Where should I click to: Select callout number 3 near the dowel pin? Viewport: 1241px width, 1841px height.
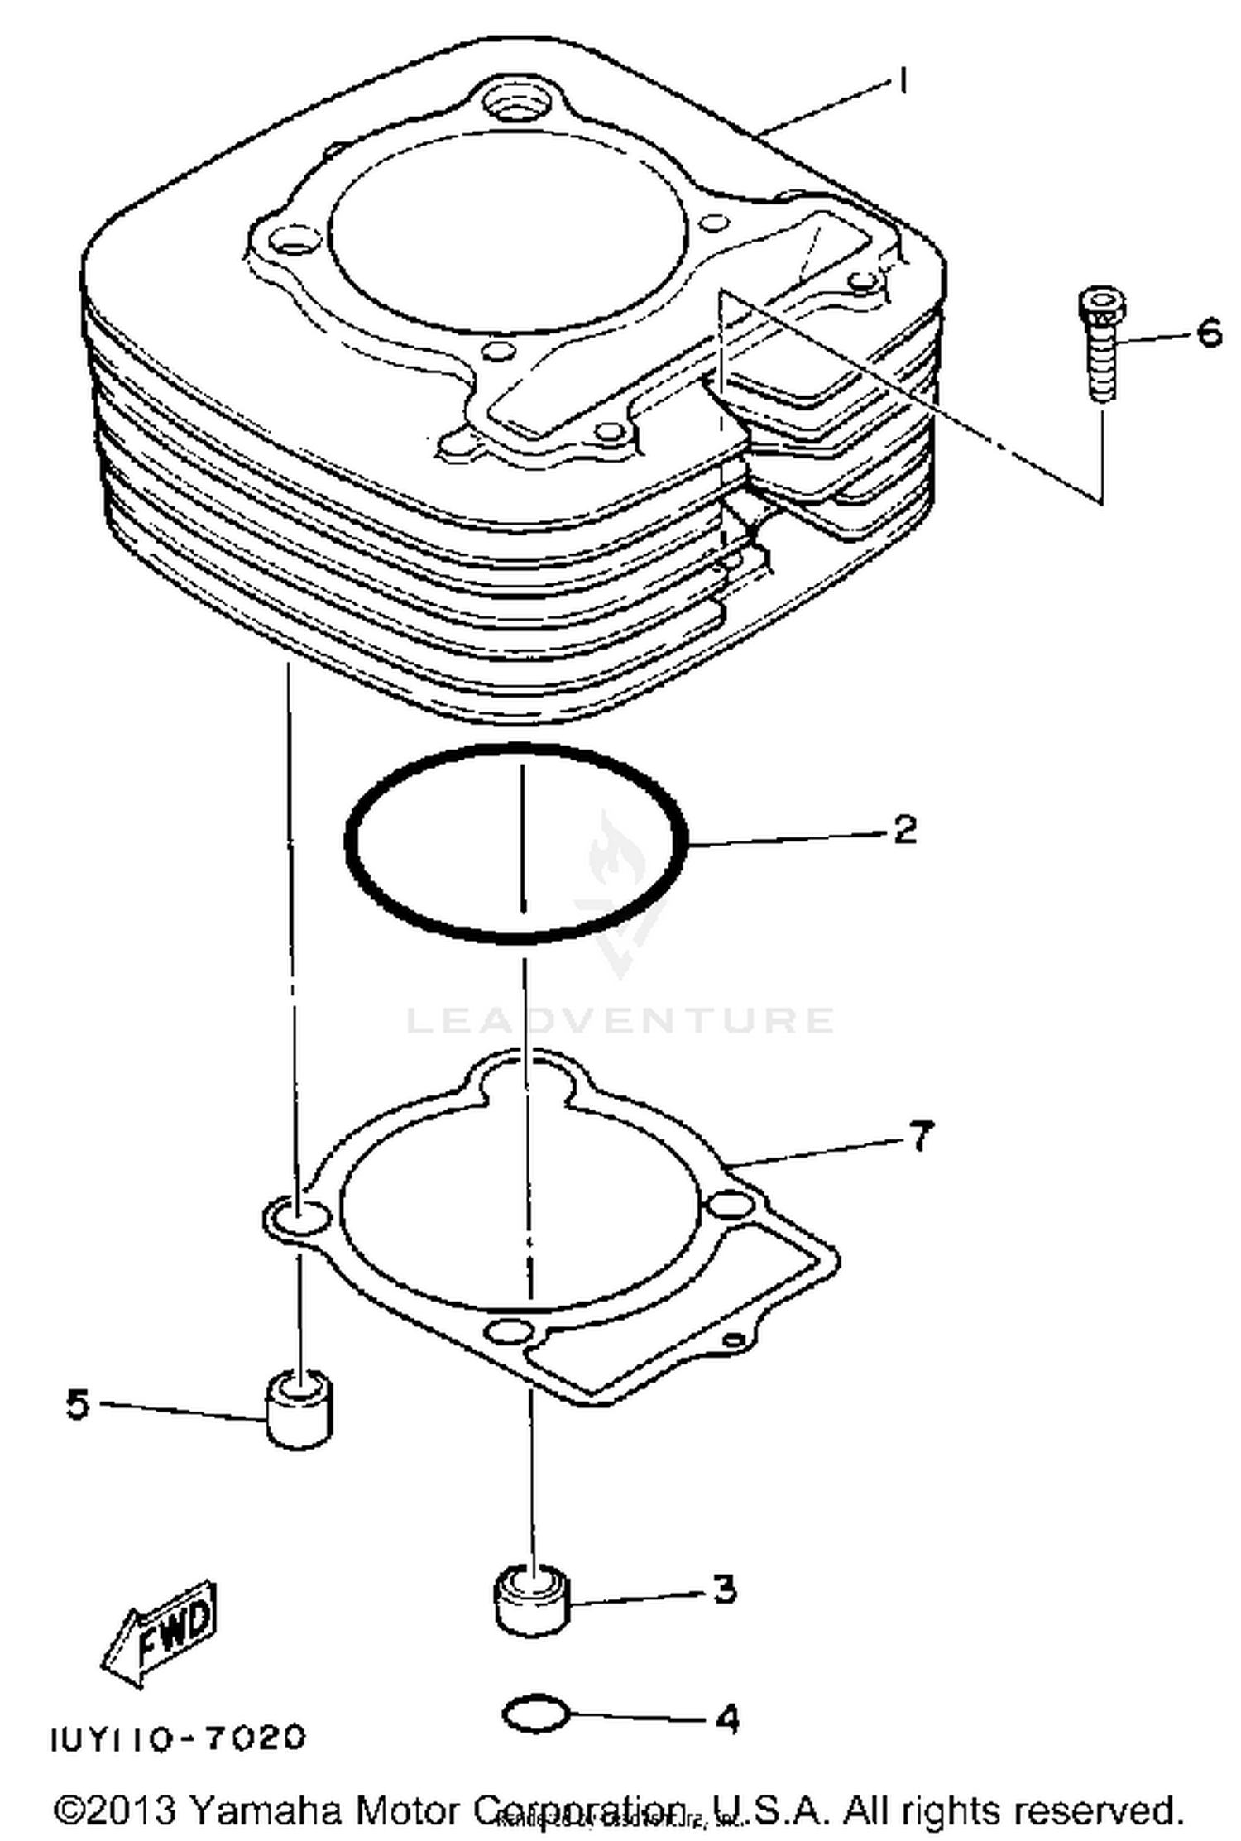pyautogui.click(x=724, y=1589)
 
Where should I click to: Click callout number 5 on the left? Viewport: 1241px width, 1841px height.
pyautogui.click(x=77, y=1404)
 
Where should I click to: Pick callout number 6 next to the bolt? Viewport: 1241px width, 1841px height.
pyautogui.click(x=1208, y=333)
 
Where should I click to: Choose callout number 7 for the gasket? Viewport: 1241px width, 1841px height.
pyautogui.click(x=921, y=1135)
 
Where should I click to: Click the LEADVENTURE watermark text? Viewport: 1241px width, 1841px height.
pyautogui.click(x=620, y=1019)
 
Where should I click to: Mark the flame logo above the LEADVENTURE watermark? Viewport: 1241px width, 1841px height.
pyautogui.click(x=616, y=856)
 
